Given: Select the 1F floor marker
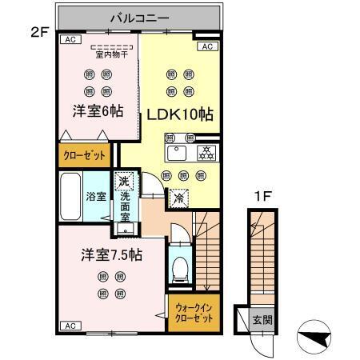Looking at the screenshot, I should point(262,193).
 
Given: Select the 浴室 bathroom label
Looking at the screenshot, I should point(97,195).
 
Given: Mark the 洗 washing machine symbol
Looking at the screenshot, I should point(123,181).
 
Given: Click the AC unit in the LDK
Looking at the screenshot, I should point(206,47).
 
